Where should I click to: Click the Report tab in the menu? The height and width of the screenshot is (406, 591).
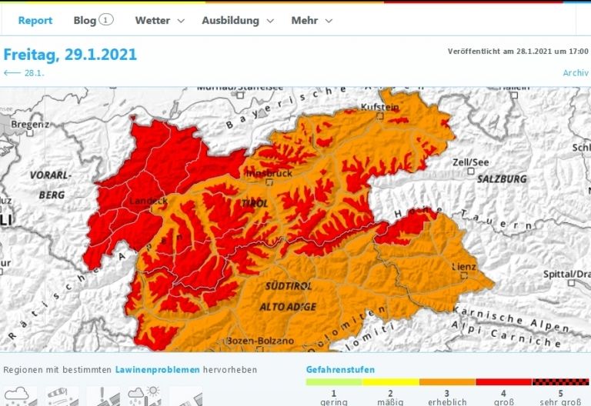tap(35, 21)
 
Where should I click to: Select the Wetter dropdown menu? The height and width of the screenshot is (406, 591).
tap(159, 21)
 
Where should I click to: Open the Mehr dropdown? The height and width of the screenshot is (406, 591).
tap(312, 21)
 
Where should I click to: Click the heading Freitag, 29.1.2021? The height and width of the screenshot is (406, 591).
tap(70, 55)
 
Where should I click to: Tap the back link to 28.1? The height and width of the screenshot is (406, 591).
tap(23, 73)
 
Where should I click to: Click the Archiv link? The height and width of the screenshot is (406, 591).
tap(576, 73)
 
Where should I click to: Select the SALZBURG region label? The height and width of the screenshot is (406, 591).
tap(502, 178)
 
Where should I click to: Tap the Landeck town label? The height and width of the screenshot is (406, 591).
tap(148, 201)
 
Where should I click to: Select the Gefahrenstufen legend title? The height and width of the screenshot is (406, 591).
tap(340, 370)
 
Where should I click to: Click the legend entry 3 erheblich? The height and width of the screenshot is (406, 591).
tap(448, 396)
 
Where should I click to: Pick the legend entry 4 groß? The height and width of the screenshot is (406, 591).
tap(504, 396)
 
